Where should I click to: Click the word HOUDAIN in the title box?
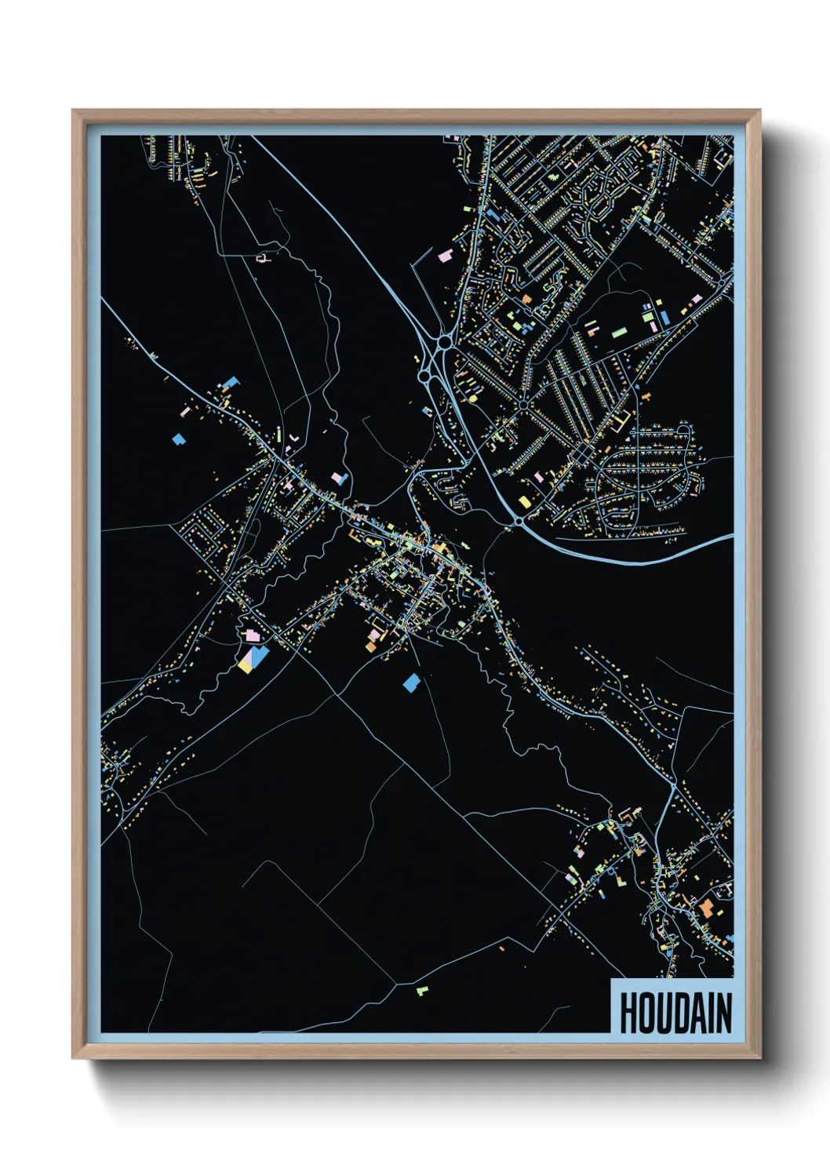click(x=675, y=1013)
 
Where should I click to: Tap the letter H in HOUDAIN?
click(x=628, y=1013)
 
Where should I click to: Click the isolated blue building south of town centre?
click(x=411, y=682)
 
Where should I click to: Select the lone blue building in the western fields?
click(x=178, y=439)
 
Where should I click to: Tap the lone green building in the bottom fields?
click(x=422, y=990)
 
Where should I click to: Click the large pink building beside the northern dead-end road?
click(x=445, y=256)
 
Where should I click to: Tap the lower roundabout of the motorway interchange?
click(x=424, y=377)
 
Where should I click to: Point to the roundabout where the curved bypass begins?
click(x=519, y=521)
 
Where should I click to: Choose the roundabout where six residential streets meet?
click(x=522, y=405)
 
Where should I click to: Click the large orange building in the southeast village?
click(x=706, y=908)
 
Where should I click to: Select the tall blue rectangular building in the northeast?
click(x=664, y=317)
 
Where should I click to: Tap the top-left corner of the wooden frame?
click(x=74, y=111)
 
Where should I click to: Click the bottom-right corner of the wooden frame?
click(x=759, y=1057)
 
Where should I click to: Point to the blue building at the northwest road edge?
click(x=231, y=382)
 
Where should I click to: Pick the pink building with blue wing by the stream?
click(x=340, y=478)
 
